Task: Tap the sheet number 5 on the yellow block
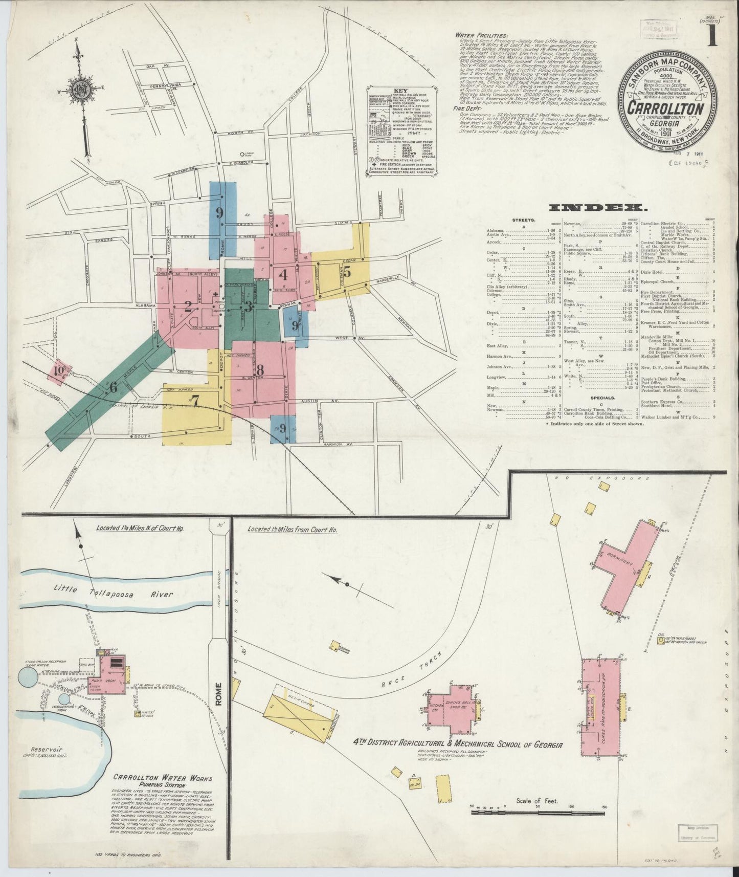[x=347, y=272]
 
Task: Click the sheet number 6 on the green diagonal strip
[x=113, y=387]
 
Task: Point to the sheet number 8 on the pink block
[x=260, y=369]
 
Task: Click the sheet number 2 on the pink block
[x=188, y=307]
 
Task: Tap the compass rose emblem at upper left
[x=81, y=88]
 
